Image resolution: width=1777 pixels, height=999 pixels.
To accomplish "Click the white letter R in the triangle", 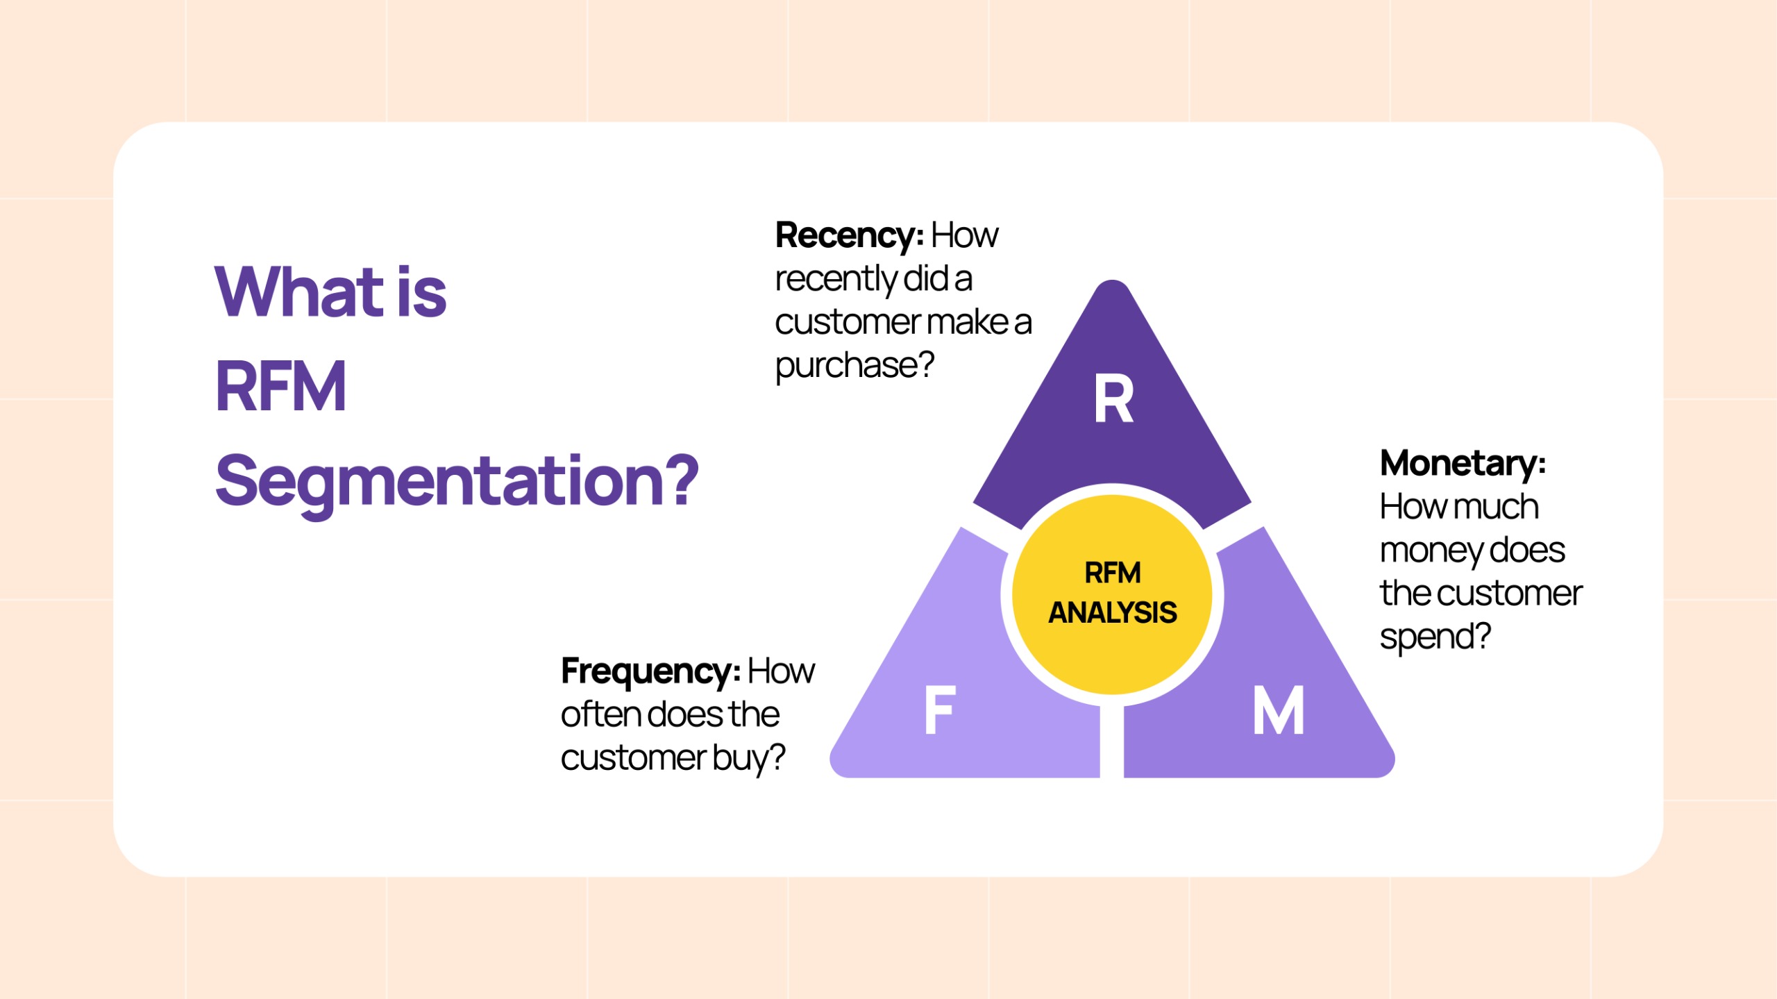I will (1113, 398).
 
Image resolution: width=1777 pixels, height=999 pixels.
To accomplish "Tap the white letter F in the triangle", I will (941, 710).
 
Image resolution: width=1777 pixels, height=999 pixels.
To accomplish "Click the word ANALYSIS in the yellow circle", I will (1112, 612).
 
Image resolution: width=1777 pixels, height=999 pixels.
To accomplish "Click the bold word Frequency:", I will (650, 671).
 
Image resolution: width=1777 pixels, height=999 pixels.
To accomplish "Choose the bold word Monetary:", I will (1463, 463).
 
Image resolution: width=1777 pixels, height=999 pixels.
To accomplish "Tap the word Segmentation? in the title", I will (457, 481).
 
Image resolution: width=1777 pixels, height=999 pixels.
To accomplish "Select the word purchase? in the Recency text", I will (854, 365).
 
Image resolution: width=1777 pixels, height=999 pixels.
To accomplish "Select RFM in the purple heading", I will (280, 387).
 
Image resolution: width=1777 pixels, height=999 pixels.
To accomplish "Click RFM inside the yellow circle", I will (1112, 573).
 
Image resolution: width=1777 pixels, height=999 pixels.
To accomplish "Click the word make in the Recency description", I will (968, 322).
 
